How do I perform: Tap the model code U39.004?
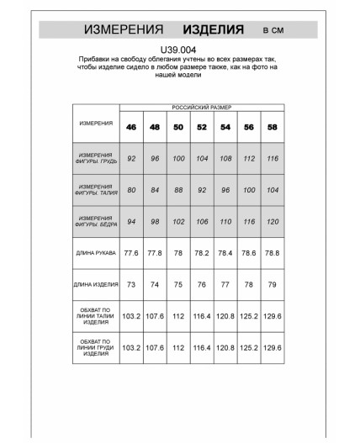coord(179,50)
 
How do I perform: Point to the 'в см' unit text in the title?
coord(273,30)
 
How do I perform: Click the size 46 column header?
coord(131,127)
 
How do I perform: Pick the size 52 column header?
coord(201,127)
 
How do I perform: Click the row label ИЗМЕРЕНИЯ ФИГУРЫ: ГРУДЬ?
coord(96,158)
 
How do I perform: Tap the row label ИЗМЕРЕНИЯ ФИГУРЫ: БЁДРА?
coord(96,221)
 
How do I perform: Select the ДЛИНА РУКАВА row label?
coord(96,252)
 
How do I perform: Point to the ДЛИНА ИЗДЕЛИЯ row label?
coord(96,285)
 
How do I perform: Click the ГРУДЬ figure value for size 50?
coord(177,158)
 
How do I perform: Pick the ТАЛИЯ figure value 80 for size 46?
coord(131,189)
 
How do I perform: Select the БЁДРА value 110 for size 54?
coord(225,221)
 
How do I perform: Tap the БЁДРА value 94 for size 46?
coord(131,221)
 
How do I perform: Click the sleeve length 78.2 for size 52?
coord(201,252)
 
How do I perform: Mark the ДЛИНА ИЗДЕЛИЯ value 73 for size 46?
coord(131,285)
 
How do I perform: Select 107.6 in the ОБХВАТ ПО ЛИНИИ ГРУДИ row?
coord(155,347)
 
